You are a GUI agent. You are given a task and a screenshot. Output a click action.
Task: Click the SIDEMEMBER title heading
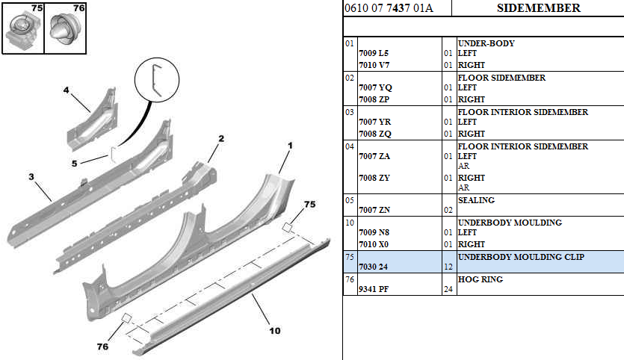539,8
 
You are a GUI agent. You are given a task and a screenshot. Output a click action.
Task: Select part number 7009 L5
374,53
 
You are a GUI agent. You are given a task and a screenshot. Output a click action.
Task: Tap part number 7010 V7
374,65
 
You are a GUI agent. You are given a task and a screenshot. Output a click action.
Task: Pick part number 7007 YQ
375,88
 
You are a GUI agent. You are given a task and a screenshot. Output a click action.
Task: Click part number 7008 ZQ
375,134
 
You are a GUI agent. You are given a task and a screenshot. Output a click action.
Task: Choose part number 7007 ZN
374,210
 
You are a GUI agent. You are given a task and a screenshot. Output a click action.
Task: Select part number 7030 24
374,267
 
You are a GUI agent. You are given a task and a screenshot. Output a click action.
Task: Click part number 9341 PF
374,289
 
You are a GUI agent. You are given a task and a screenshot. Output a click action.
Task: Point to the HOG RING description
481,279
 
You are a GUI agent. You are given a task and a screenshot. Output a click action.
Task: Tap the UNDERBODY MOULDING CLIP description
521,257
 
